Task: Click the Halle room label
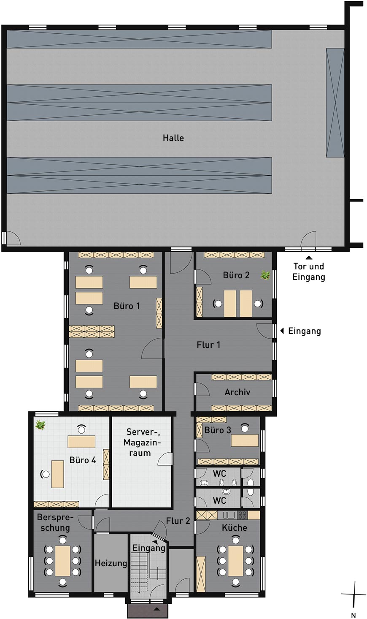173,138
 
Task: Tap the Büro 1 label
127,306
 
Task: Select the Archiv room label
237,392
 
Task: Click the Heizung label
111,563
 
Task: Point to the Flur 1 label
208,345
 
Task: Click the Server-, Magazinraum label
142,443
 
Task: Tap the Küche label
235,527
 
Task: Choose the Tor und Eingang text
309,271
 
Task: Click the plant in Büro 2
265,275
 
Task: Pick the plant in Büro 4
40,425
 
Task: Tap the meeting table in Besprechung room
63,561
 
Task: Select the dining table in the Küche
235,561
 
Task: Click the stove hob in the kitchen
242,515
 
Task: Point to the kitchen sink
229,515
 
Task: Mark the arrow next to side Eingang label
282,331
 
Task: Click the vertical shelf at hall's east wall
335,103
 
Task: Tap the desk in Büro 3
245,440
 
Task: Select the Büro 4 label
83,460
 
